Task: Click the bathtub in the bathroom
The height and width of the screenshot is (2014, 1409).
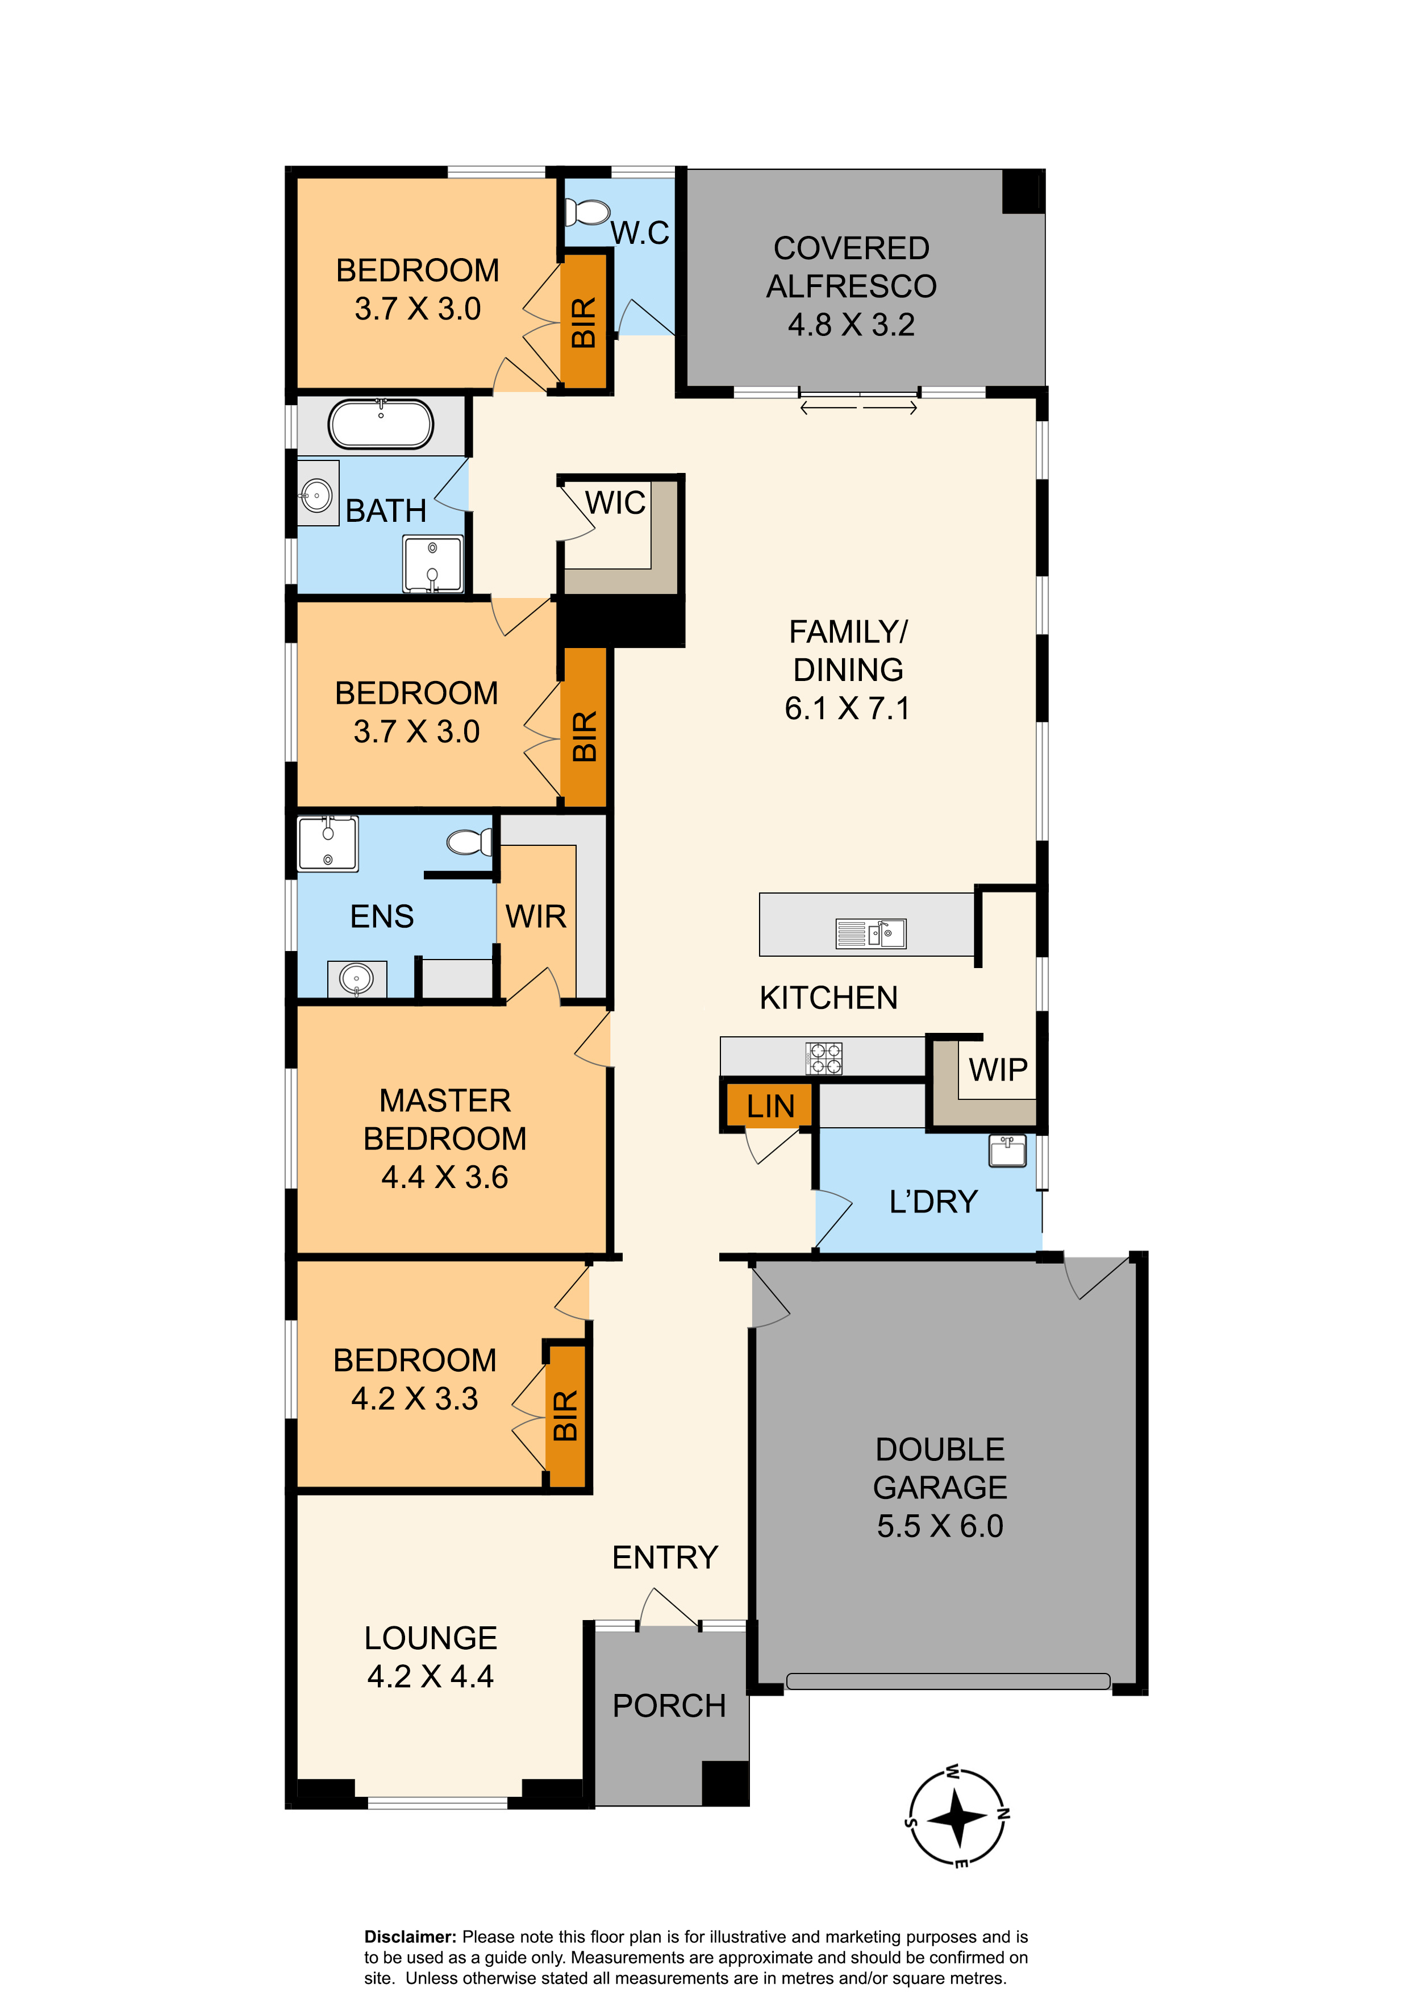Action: pos(381,425)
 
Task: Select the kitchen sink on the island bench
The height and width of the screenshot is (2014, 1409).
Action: pos(870,933)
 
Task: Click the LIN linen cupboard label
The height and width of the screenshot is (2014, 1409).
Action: pos(771,1107)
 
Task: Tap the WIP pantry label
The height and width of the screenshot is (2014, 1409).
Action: pos(998,1070)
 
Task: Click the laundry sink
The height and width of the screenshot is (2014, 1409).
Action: pos(1007,1151)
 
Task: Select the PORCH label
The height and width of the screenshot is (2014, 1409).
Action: pos(669,1706)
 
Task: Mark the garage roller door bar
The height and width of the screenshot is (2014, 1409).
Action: pos(948,1681)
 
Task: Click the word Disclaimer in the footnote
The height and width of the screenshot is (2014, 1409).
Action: pos(410,1937)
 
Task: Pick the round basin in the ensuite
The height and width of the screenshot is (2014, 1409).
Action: pos(357,978)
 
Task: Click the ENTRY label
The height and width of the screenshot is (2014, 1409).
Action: pos(665,1558)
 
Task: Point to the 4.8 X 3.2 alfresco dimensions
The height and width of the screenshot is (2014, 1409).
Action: pos(851,325)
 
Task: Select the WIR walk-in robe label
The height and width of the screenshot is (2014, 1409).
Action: pos(536,917)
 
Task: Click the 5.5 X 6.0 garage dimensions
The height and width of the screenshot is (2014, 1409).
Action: pos(940,1526)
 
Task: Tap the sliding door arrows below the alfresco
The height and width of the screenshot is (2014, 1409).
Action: pos(859,407)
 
